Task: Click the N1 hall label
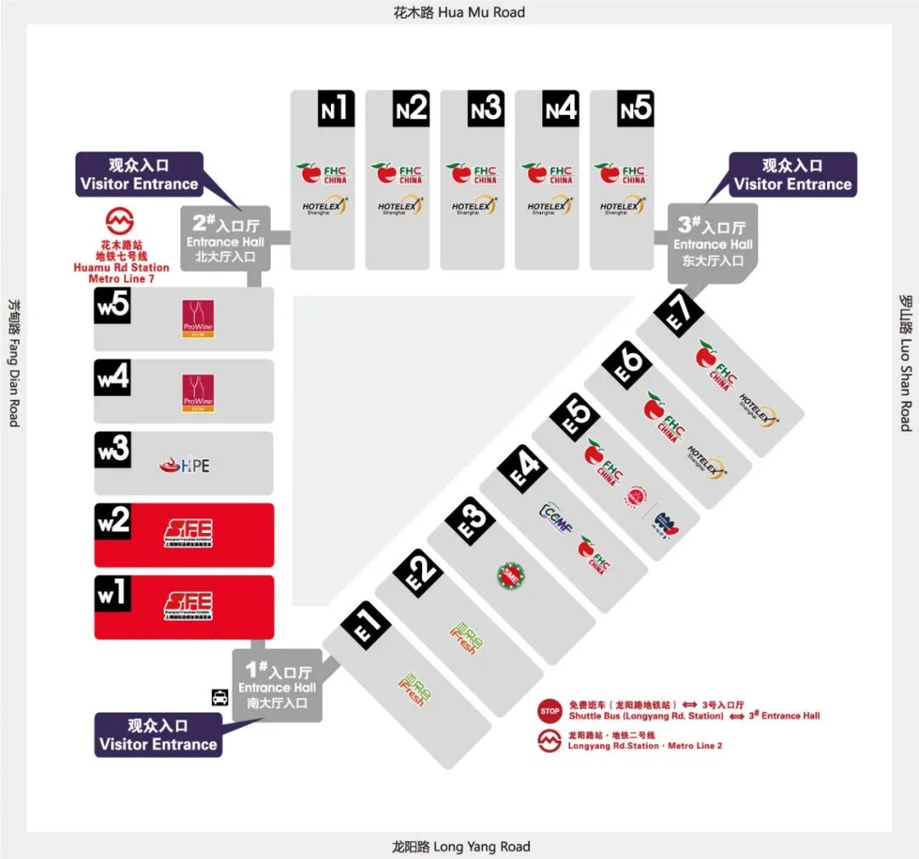point(335,108)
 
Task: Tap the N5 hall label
point(635,108)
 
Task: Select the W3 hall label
point(112,450)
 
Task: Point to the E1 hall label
point(365,626)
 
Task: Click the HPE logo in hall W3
point(185,465)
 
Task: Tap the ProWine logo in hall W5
point(197,318)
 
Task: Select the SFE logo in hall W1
point(187,606)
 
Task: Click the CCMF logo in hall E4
point(556,518)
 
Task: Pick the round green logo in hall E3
point(511,576)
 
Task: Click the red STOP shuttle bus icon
point(550,711)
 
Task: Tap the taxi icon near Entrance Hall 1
point(220,697)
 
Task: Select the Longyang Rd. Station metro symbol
point(550,741)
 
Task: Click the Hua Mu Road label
point(459,12)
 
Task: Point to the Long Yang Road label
point(460,846)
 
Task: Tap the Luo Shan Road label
point(905,363)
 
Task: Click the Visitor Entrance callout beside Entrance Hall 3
point(792,175)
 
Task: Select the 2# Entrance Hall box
point(226,239)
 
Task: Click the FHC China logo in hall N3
point(475,174)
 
